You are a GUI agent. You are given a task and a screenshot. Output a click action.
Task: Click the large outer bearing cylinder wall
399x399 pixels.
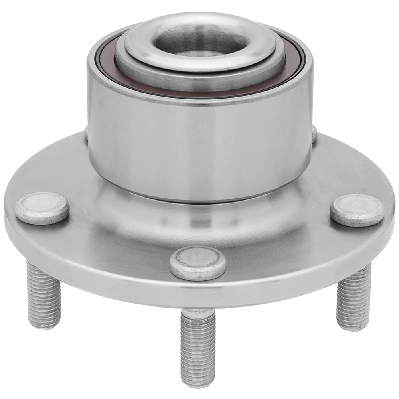[199, 140]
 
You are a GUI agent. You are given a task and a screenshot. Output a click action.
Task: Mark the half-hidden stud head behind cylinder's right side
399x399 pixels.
[314, 134]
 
